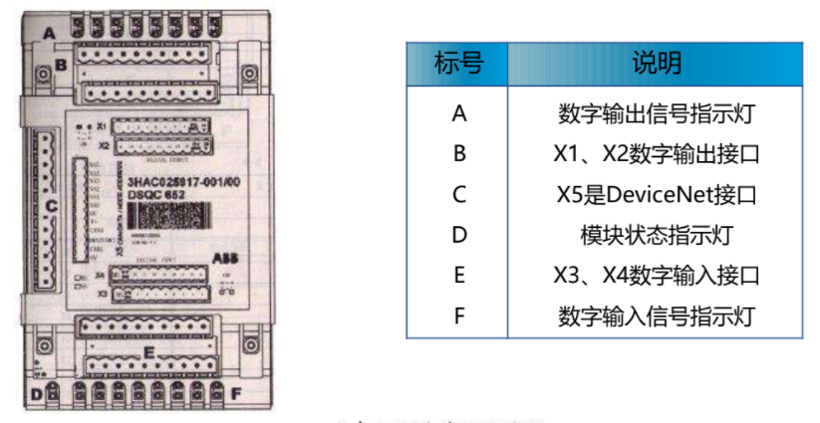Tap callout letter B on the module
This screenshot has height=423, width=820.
tap(61, 66)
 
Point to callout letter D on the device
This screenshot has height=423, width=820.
tap(37, 394)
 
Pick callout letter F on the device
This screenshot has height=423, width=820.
tap(236, 394)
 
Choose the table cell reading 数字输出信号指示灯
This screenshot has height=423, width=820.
tap(656, 113)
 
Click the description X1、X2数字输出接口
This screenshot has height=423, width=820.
tap(656, 153)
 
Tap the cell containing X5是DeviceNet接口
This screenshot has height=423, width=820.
tap(656, 194)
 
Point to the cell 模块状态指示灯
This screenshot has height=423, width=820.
tap(656, 235)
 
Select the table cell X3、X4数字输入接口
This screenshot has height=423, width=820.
tap(656, 276)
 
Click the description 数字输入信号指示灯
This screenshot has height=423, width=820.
tap(656, 317)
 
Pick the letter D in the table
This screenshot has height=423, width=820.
tap(458, 235)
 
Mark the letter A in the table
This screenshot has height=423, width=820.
tap(458, 113)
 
